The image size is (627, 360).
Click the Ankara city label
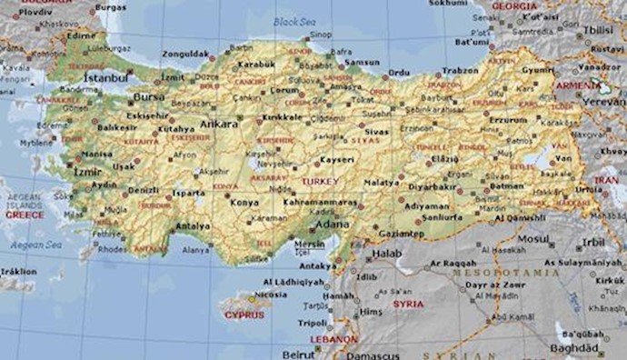[221, 124]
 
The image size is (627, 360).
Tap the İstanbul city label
[105, 79]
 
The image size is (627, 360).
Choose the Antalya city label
[194, 226]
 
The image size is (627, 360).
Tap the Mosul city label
[533, 237]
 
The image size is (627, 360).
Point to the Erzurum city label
[508, 119]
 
